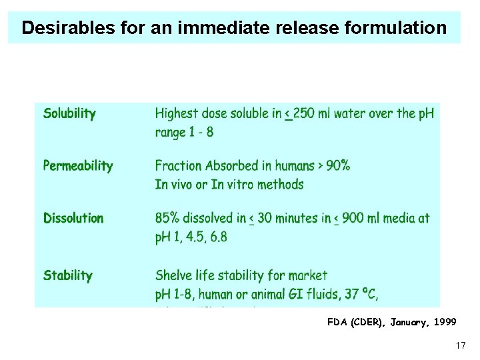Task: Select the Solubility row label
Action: pos(69,114)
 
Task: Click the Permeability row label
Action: pos(78,166)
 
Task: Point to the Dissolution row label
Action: pos(73,218)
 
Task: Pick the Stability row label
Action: pos(68,275)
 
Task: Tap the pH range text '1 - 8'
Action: pos(201,132)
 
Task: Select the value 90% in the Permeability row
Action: pos(337,166)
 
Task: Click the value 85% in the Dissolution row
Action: pos(168,218)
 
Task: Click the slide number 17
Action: pos(460,345)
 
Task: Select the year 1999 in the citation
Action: pos(444,322)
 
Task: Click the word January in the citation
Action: pos(405,322)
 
